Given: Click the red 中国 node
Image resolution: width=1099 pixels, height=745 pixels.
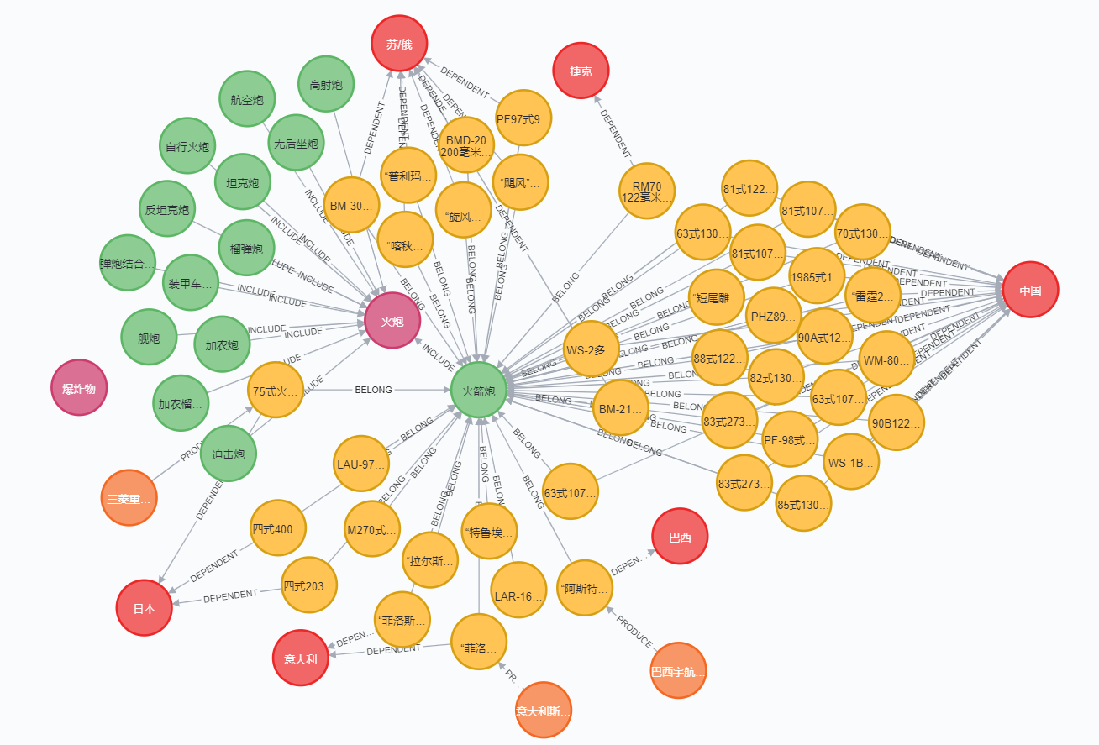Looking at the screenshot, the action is click(x=1030, y=290).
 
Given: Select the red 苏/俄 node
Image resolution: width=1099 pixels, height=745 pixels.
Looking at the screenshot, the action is click(x=400, y=44).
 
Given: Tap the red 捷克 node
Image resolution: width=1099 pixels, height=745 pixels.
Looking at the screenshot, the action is click(x=581, y=71).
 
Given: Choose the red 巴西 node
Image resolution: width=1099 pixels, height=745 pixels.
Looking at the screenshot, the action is click(x=680, y=537).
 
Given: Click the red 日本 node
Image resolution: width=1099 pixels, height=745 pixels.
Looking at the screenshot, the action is click(x=145, y=608).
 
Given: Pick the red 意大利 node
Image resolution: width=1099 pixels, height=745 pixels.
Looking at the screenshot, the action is click(x=300, y=658).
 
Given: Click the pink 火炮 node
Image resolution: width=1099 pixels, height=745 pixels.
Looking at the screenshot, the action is click(x=392, y=321).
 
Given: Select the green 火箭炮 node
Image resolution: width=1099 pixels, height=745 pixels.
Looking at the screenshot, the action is click(x=478, y=391).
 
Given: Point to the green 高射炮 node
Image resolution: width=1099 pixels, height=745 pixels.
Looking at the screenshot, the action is click(x=326, y=85).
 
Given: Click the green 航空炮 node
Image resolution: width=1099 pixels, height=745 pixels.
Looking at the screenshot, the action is click(x=247, y=100).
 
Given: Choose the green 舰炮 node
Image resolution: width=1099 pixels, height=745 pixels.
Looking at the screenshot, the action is click(x=149, y=338).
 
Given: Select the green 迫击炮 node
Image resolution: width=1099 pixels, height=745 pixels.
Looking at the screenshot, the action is click(x=229, y=454).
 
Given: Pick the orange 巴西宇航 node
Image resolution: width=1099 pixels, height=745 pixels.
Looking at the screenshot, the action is click(x=678, y=671).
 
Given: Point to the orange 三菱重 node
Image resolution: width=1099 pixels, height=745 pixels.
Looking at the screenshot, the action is click(x=129, y=498).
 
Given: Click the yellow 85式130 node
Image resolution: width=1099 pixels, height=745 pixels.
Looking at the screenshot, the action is click(x=803, y=504).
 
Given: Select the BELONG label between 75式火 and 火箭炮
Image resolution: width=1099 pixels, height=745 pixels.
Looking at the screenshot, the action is click(x=374, y=390).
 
